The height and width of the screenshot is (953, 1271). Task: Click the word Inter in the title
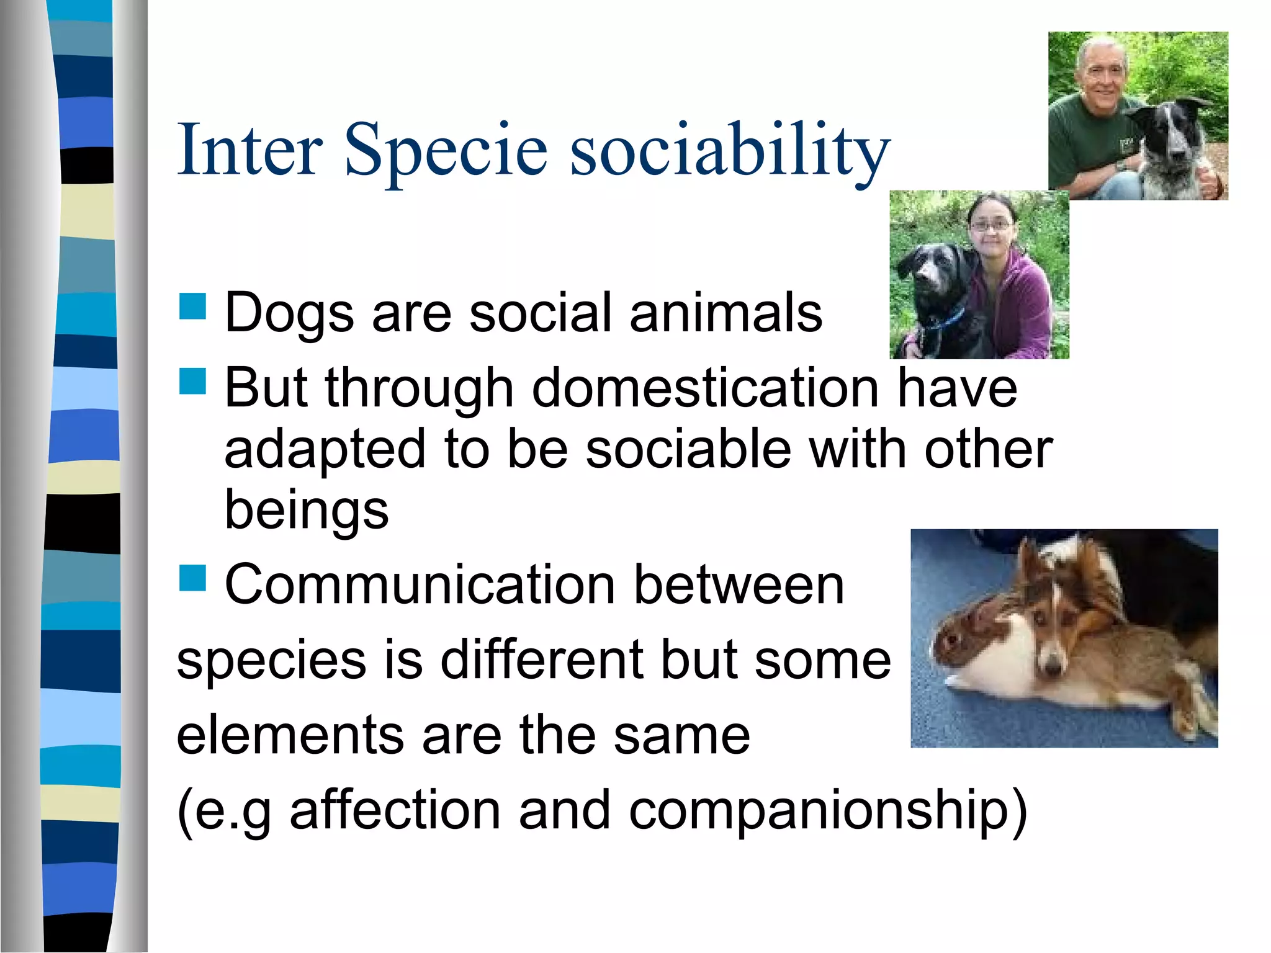pos(249,150)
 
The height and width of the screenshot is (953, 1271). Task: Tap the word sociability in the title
pos(730,150)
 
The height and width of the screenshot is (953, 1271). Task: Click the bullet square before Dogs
pos(192,306)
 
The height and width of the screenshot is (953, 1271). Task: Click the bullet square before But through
pos(192,381)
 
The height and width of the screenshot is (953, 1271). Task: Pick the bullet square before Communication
pos(192,578)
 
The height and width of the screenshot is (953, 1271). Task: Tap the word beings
pos(306,510)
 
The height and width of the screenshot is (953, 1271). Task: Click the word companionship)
pos(828,810)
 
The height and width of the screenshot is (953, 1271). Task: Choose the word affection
pos(395,810)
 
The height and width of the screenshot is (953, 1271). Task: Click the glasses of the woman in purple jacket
pos(991,226)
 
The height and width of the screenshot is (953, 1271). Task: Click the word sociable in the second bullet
pos(688,449)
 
